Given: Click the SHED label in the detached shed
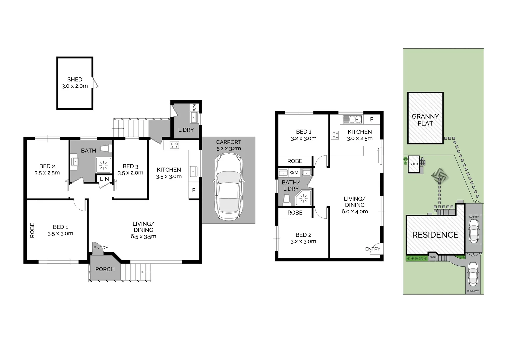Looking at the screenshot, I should pos(75,79).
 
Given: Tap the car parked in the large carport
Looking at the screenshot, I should pos(229,187).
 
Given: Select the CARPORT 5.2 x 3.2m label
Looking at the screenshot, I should pos(229,145).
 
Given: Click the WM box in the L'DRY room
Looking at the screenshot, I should pos(194,108).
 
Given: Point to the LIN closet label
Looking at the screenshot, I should pos(104,179).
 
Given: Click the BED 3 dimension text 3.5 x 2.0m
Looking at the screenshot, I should pos(130,173).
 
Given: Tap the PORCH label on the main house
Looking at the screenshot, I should pos(105,269).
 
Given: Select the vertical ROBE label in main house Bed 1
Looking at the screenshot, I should pos(32,230).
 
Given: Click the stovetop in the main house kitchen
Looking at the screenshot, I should pos(174,145).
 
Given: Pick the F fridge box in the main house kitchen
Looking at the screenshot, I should pos(194,191).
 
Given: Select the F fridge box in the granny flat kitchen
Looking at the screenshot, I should pos(372,119).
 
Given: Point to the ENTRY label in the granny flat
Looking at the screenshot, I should pos(372,249).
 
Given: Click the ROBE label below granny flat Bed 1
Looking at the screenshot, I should pos(295,161).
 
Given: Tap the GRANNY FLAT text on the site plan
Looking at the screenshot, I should pos(425,120).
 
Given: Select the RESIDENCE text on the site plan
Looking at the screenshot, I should pos(435,235).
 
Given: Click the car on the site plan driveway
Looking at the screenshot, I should pos(473,274).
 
